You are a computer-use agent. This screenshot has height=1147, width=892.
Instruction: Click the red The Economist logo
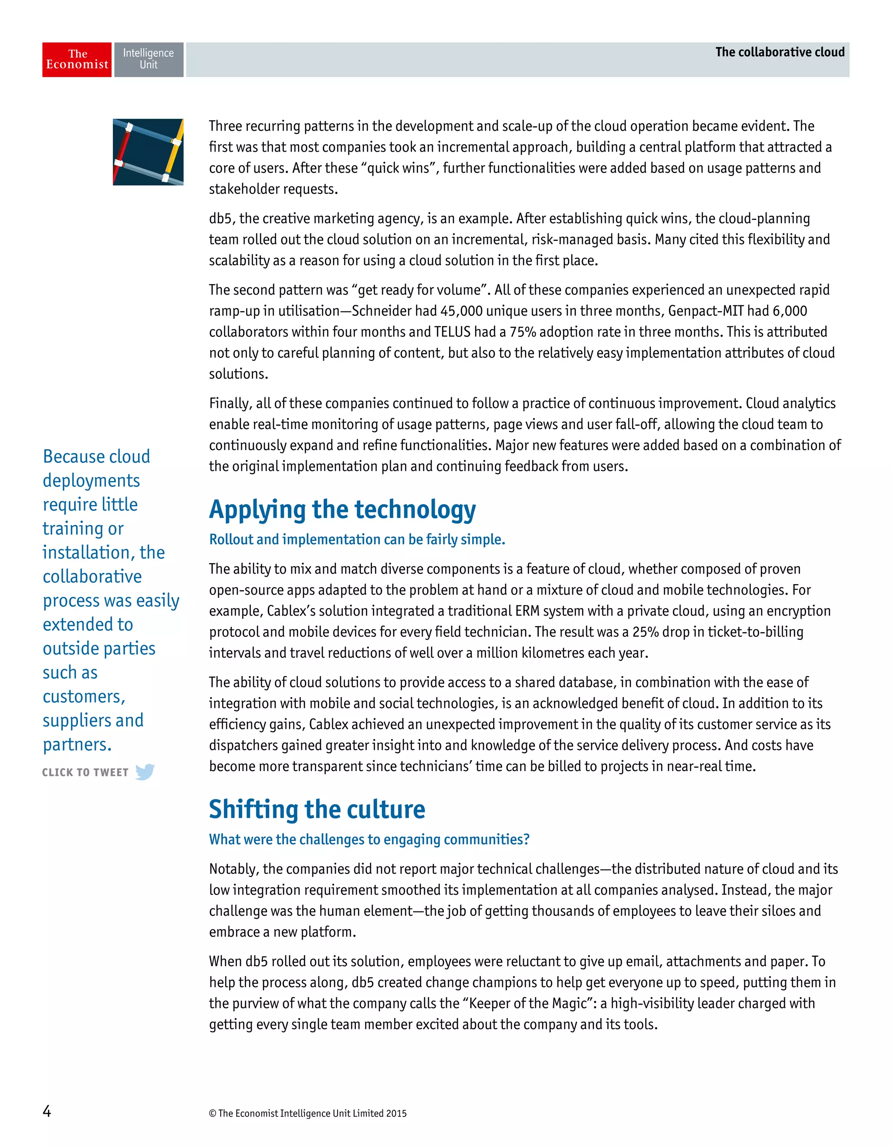[x=77, y=60]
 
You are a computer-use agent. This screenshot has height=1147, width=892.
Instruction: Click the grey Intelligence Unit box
[x=149, y=60]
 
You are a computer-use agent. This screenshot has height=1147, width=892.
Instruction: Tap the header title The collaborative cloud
[x=779, y=52]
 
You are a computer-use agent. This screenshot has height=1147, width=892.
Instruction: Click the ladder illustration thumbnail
[x=148, y=152]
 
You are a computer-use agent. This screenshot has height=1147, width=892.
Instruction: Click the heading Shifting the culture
[x=317, y=809]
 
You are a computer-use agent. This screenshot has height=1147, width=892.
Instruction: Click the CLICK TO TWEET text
[x=85, y=772]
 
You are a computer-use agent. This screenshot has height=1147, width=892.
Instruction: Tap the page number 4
[x=47, y=1111]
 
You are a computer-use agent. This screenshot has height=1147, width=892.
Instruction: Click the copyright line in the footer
[x=307, y=1113]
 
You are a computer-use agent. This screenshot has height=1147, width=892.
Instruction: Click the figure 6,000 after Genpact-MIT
[x=789, y=311]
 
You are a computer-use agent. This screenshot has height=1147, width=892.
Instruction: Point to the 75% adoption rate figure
[x=521, y=332]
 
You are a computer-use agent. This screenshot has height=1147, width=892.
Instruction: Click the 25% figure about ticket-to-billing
[x=645, y=632]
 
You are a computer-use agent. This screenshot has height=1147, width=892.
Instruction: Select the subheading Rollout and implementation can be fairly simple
[x=357, y=539]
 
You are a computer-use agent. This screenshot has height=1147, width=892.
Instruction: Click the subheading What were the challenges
[x=369, y=839]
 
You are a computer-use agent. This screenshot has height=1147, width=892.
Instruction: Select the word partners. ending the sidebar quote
[x=77, y=745]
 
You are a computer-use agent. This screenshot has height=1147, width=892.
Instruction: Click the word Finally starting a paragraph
[x=230, y=403]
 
